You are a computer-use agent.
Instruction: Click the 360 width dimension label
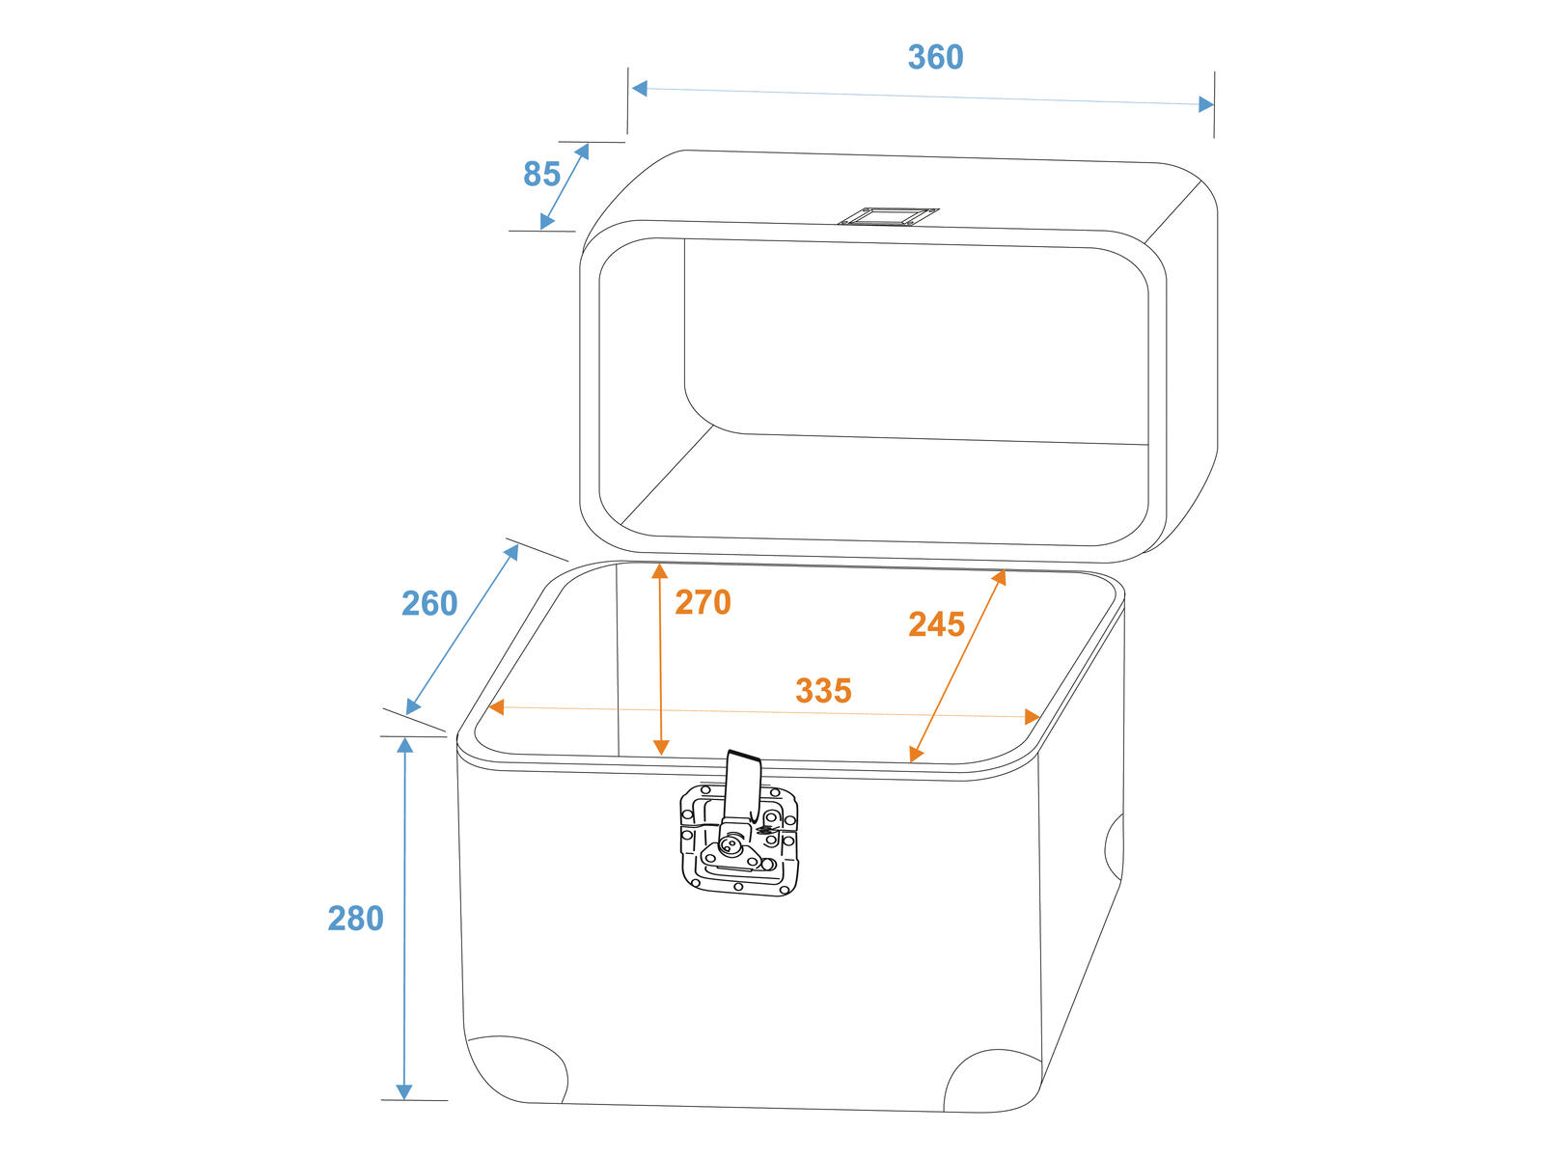[x=935, y=57]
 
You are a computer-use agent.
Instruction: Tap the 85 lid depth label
[x=541, y=174]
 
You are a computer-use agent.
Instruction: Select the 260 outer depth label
[x=429, y=603]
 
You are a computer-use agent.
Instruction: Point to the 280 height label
[x=355, y=919]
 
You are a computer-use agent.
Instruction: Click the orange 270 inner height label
[x=703, y=602]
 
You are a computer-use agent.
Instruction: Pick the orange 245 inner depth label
[x=936, y=624]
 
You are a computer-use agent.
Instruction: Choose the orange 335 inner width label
[x=823, y=690]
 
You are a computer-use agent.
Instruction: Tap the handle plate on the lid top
[x=888, y=216]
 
